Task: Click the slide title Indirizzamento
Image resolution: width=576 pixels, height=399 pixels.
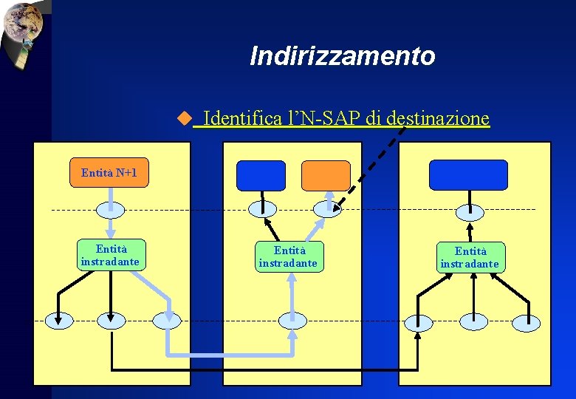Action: pyautogui.click(x=342, y=55)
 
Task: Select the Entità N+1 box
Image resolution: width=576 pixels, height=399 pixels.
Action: pyautogui.click(x=109, y=173)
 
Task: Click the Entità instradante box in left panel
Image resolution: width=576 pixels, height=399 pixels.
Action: pyautogui.click(x=109, y=255)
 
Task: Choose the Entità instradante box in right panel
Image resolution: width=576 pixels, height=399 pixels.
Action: pyautogui.click(x=470, y=257)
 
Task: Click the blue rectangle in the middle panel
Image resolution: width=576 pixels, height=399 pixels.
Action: pyautogui.click(x=261, y=176)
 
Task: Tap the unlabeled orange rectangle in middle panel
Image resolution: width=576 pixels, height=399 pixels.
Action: pyautogui.click(x=326, y=176)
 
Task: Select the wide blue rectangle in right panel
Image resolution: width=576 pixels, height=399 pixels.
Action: pyautogui.click(x=468, y=175)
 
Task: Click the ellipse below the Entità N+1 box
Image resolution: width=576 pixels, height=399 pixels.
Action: pyautogui.click(x=109, y=209)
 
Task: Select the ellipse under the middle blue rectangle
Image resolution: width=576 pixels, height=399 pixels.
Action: pyautogui.click(x=261, y=209)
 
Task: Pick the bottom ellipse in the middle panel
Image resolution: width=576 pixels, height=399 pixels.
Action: pyautogui.click(x=292, y=321)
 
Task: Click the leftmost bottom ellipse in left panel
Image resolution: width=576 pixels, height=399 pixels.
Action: pyautogui.click(x=59, y=320)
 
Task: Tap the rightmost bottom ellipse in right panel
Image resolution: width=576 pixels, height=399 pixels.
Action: pyautogui.click(x=526, y=322)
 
